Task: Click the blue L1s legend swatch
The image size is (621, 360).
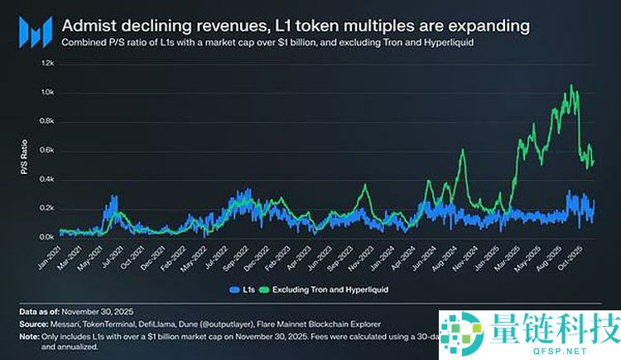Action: tap(231, 290)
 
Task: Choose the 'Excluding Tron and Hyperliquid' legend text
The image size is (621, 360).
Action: tap(327, 290)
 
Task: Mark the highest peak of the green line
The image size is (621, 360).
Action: tap(570, 85)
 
